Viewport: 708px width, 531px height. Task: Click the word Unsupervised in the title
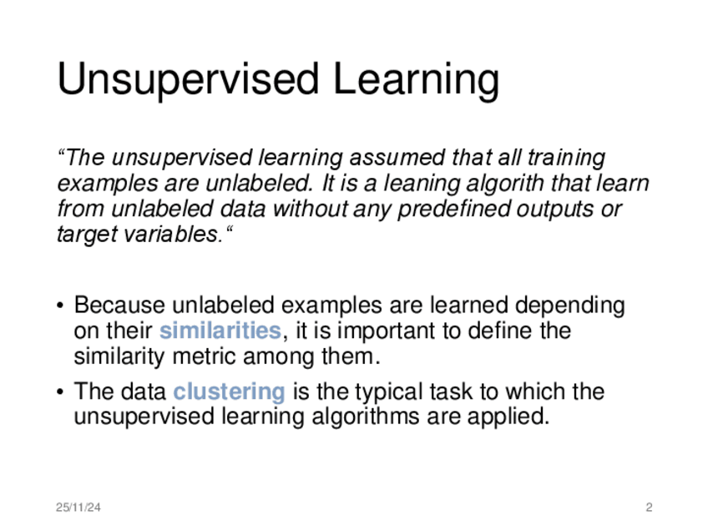[189, 79]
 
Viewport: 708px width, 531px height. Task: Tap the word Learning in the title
[417, 79]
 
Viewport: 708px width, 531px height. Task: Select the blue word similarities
[220, 330]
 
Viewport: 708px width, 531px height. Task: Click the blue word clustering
[229, 392]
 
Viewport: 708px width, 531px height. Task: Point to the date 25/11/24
[78, 508]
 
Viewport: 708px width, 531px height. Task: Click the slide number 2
[649, 508]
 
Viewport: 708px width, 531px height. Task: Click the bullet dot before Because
[60, 306]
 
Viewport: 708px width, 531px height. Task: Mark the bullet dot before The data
[60, 392]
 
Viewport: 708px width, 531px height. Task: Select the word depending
[570, 306]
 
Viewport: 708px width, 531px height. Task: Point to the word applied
[508, 417]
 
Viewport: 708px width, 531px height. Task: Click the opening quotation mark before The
[62, 153]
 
